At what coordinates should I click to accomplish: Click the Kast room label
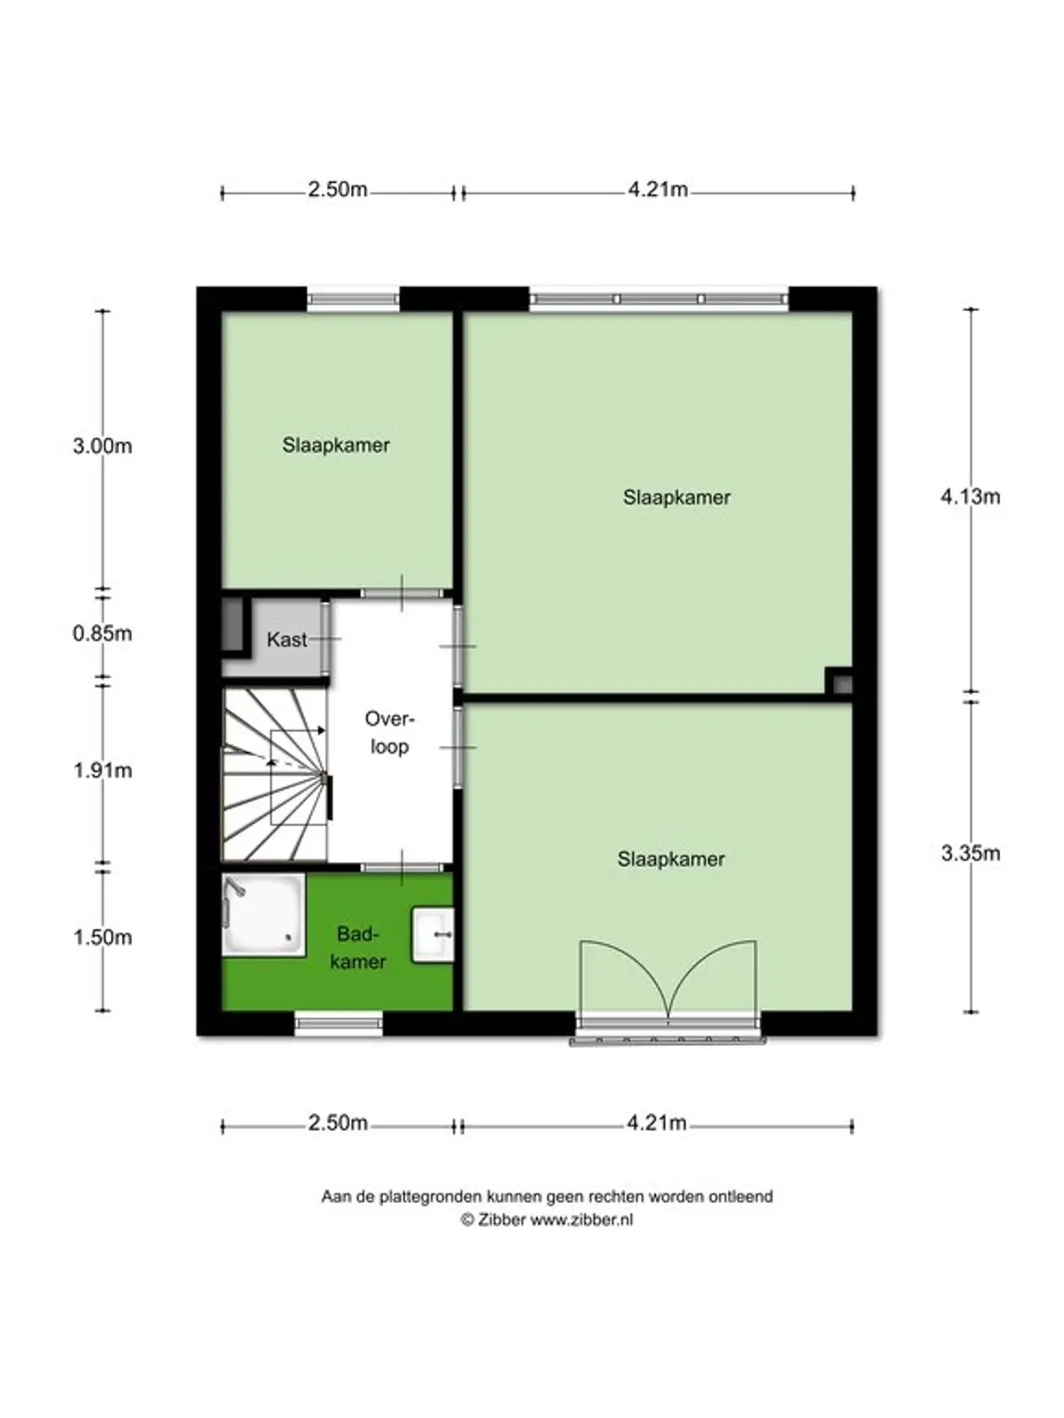tap(286, 639)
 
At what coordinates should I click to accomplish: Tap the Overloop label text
tap(390, 733)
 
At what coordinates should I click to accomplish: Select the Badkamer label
tap(357, 947)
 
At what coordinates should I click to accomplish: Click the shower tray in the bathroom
tap(262, 915)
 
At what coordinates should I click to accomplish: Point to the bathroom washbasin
tap(434, 934)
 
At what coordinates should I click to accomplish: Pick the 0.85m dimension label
tap(102, 634)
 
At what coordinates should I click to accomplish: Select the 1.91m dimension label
tap(102, 771)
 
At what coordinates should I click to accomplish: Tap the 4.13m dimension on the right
tap(970, 497)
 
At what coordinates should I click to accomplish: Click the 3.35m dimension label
tap(970, 853)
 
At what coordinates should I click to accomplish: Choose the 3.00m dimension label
tap(102, 446)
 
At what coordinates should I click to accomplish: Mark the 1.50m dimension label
tap(102, 938)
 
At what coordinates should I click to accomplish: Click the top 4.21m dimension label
tap(658, 190)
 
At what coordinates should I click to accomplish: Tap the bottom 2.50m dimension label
tap(338, 1123)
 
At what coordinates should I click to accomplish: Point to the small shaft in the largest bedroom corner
tap(840, 682)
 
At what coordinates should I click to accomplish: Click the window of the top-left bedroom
tap(353, 300)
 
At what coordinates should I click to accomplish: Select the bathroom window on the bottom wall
tap(339, 1025)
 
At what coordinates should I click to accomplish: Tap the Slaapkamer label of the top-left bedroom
tap(336, 445)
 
